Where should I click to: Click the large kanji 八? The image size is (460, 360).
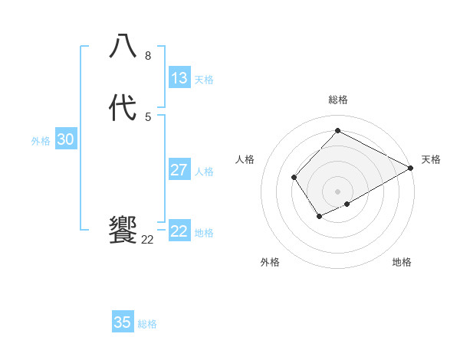pyautogui.click(x=123, y=46)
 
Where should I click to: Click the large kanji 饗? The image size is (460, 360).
pyautogui.click(x=123, y=230)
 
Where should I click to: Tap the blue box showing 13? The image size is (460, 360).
pyautogui.click(x=179, y=78)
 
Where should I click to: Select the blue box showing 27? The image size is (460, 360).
pyautogui.click(x=179, y=170)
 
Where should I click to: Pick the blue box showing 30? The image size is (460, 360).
pyautogui.click(x=66, y=139)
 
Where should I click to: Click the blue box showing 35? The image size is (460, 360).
pyautogui.click(x=123, y=322)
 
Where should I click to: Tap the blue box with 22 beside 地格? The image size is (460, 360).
pyautogui.click(x=179, y=231)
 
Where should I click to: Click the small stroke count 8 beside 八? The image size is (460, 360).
pyautogui.click(x=148, y=56)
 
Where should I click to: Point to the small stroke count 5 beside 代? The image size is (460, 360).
pyautogui.click(x=148, y=117)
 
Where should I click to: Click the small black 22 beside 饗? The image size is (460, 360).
pyautogui.click(x=148, y=240)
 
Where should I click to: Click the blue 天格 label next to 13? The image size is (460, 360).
pyautogui.click(x=204, y=80)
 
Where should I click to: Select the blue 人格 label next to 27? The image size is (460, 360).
pyautogui.click(x=204, y=172)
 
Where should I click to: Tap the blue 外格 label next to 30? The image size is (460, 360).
pyautogui.click(x=41, y=141)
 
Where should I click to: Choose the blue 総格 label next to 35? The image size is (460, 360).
pyautogui.click(x=147, y=324)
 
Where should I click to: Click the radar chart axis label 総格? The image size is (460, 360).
pyautogui.click(x=338, y=100)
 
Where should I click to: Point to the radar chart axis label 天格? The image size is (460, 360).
pyautogui.click(x=431, y=159)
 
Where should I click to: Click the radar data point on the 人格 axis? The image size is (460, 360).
pyautogui.click(x=294, y=178)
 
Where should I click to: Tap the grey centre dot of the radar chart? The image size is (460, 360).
pyautogui.click(x=338, y=191)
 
